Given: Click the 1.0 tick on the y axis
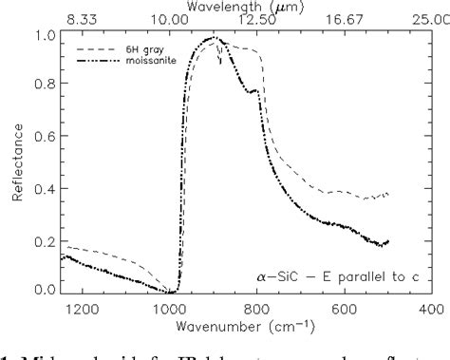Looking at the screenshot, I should point(45,35).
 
